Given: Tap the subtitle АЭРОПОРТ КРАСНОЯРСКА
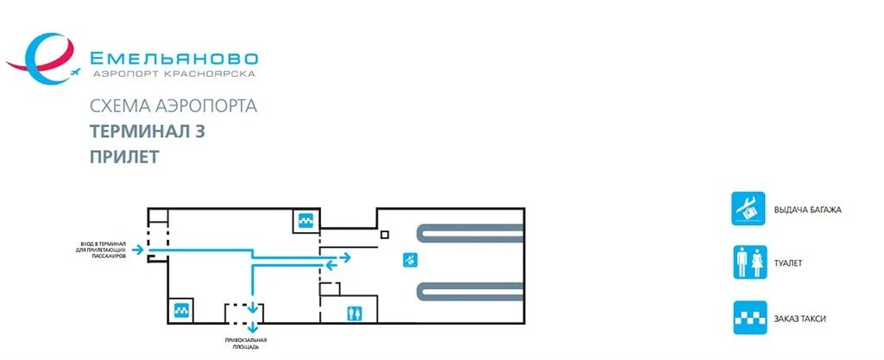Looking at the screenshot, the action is tap(174, 75).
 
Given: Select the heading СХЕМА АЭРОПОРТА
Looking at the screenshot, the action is tap(174, 107).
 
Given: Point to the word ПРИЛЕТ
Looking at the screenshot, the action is tap(124, 157).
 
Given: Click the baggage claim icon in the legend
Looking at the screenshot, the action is tap(748, 209).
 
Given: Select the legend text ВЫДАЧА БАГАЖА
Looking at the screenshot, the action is tap(807, 210).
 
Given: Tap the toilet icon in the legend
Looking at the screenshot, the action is tap(748, 262).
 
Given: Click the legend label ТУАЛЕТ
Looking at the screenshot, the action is tap(790, 262).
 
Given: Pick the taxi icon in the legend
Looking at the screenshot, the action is tap(748, 318).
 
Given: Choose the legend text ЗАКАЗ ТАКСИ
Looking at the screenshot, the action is tap(800, 319).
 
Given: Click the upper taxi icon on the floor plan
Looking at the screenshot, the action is tap(305, 221).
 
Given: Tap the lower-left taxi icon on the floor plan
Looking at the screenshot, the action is tap(181, 310).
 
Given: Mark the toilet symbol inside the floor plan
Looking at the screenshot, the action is tap(352, 313).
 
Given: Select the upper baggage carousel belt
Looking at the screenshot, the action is tap(470, 232).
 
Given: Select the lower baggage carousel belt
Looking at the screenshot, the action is tap(470, 291).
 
